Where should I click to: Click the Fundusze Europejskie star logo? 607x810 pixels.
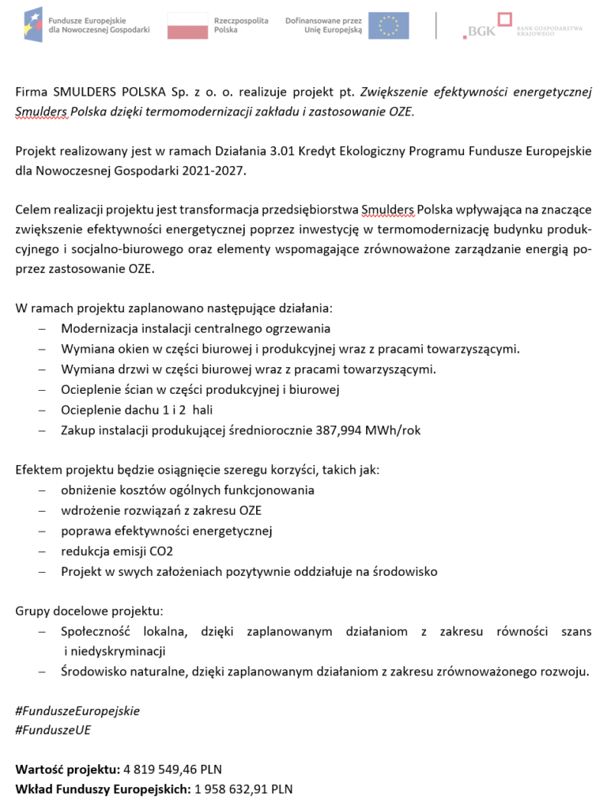(x=33, y=25)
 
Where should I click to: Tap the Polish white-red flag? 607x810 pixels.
(x=187, y=25)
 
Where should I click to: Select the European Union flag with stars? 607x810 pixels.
(x=388, y=25)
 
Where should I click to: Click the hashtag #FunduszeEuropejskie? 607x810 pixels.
(x=77, y=710)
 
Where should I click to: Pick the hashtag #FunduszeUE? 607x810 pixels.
(x=53, y=729)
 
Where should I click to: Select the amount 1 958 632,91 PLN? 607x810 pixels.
(x=243, y=789)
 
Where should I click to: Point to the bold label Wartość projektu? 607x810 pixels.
(x=67, y=769)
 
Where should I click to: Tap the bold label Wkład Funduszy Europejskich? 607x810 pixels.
(x=103, y=789)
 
